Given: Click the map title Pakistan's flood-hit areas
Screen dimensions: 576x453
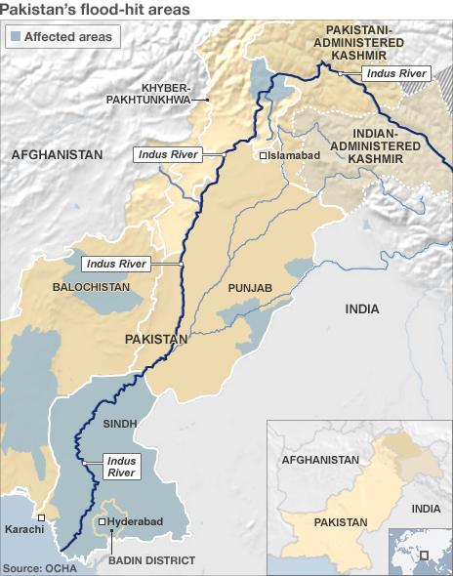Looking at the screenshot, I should (96, 10).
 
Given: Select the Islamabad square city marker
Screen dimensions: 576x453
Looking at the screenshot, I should (263, 155).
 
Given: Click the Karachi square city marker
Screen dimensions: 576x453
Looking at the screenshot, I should (41, 517).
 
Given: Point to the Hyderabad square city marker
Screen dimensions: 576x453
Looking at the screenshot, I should (103, 522).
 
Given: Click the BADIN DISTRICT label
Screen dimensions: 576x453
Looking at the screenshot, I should (139, 559).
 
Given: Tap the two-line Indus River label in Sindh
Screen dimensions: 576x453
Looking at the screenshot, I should (121, 467).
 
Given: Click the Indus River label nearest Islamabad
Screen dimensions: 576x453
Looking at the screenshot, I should (168, 154).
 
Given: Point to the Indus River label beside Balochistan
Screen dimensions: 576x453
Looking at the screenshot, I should (116, 264).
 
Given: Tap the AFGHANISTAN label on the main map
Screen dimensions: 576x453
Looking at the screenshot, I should (58, 155).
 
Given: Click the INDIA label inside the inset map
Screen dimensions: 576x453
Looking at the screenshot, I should (426, 509).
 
